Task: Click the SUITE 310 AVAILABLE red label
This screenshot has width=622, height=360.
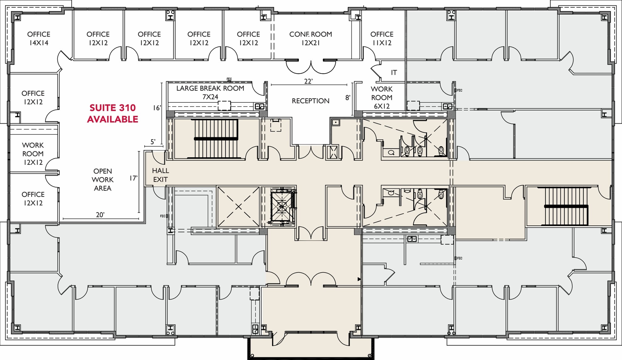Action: [x=112, y=113]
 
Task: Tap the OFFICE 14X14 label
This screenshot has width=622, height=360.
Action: [x=39, y=38]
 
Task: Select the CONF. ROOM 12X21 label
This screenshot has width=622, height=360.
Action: [x=310, y=38]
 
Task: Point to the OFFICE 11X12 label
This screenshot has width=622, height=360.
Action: [x=382, y=38]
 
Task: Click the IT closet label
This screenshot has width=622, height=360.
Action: [x=394, y=73]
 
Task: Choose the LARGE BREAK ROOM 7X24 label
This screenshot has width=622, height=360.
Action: [x=210, y=92]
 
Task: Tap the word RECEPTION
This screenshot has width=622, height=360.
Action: [x=310, y=101]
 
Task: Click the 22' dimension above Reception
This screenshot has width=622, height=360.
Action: [x=308, y=81]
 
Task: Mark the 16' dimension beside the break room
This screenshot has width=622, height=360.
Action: [x=157, y=108]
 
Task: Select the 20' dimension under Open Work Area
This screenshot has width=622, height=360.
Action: [x=100, y=215]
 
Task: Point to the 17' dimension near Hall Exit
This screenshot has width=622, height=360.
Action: [x=133, y=178]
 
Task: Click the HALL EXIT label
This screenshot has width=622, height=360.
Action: [x=160, y=175]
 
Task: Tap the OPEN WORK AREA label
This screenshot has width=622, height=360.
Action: [x=103, y=180]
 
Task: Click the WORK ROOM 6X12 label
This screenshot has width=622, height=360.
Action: [x=382, y=98]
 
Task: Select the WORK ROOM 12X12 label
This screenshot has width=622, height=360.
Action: [x=33, y=154]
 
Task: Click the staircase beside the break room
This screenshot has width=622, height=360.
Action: [x=216, y=139]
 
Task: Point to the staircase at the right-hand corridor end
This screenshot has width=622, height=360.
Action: [x=566, y=206]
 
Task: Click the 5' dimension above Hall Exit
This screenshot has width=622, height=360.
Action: [x=153, y=142]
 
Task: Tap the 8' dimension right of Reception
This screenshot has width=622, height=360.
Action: [x=348, y=98]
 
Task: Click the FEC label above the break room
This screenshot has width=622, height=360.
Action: [x=229, y=79]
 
